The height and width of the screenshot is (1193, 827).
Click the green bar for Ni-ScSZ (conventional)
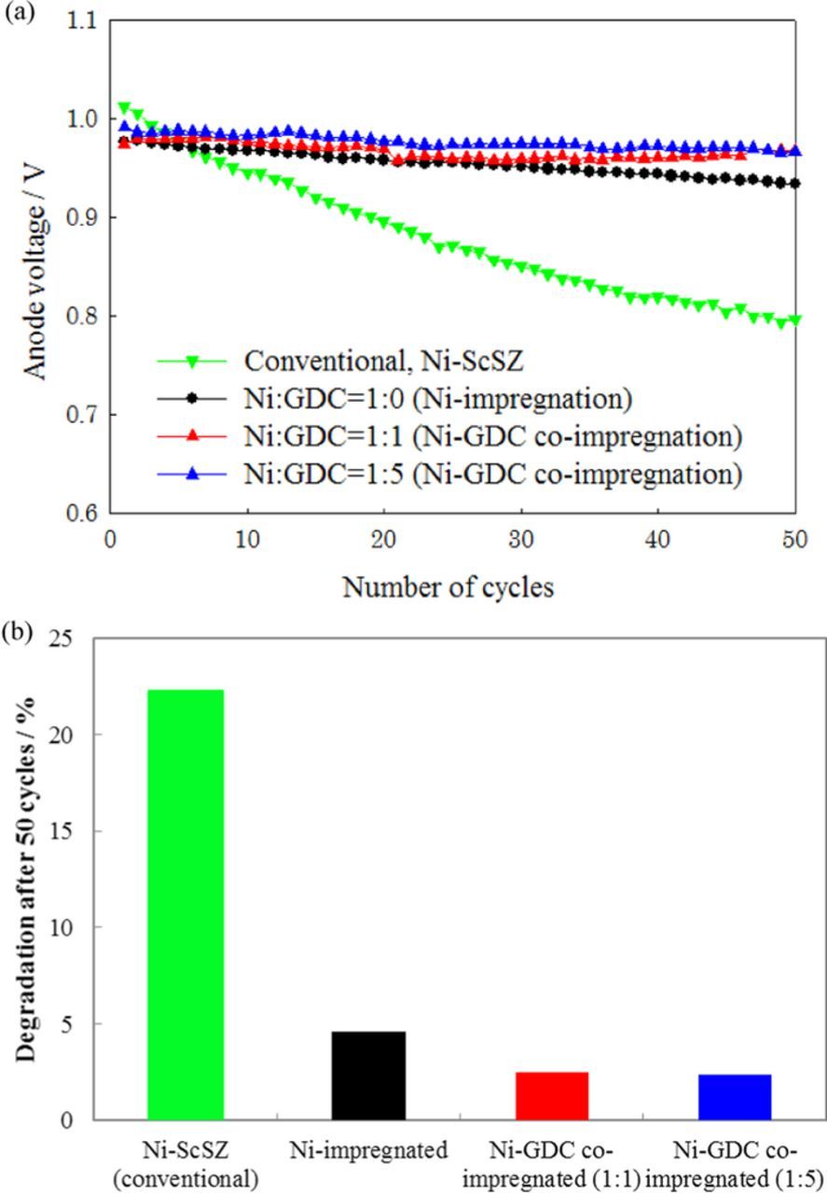[186, 904]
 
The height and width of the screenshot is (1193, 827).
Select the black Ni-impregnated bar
[368, 1075]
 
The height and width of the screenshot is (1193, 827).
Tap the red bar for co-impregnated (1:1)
[552, 1095]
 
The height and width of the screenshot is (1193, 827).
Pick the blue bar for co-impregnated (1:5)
[735, 1096]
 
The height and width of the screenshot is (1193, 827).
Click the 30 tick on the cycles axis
[521, 542]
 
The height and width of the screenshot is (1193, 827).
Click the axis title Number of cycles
[448, 588]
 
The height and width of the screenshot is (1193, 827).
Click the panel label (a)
[17, 16]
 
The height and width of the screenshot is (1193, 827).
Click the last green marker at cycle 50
[794, 320]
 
